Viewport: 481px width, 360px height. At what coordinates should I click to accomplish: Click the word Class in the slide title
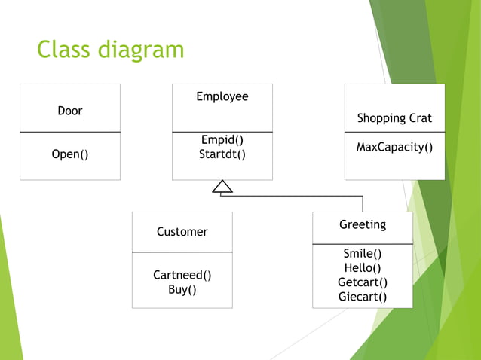[x=63, y=50]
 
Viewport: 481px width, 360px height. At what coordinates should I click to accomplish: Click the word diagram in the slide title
[x=139, y=50]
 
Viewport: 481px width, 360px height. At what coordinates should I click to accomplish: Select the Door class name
[x=70, y=111]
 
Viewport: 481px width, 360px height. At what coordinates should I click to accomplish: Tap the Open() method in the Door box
[x=70, y=154]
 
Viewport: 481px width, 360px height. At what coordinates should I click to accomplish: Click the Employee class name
[x=222, y=96]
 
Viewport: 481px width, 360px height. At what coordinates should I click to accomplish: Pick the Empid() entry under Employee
[x=222, y=140]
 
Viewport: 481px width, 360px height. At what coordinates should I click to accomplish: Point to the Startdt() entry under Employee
[x=222, y=154]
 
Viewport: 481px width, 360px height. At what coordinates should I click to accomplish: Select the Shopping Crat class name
[x=394, y=118]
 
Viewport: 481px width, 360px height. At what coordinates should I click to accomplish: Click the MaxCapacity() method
[x=394, y=147]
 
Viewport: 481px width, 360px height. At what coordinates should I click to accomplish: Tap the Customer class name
[x=182, y=232]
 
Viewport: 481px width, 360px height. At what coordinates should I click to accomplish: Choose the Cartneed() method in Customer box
[x=182, y=275]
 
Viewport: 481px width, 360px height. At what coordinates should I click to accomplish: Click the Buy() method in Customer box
[x=182, y=289]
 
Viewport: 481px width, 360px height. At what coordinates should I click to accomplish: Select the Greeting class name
[x=363, y=224]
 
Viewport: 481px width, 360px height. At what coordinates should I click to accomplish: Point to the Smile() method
[x=363, y=254]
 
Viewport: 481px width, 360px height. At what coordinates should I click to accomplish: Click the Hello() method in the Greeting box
[x=363, y=267]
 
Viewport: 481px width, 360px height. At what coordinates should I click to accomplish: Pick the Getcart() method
[x=363, y=282]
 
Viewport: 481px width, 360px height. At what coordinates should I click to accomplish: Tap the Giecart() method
[x=363, y=296]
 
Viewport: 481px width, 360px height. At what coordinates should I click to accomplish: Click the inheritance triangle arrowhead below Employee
[x=222, y=188]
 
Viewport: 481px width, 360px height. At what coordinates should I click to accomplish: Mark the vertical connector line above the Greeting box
[x=363, y=203]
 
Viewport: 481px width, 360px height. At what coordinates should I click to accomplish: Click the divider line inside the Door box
[x=70, y=132]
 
